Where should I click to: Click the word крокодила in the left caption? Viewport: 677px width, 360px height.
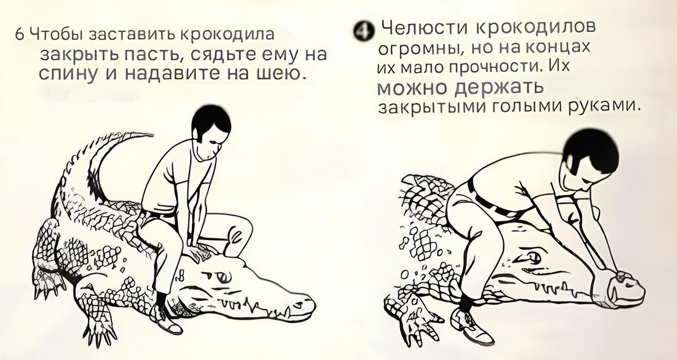(227, 34)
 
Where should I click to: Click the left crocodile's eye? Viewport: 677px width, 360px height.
(223, 276)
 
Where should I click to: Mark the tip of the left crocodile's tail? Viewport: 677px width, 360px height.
(152, 134)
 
